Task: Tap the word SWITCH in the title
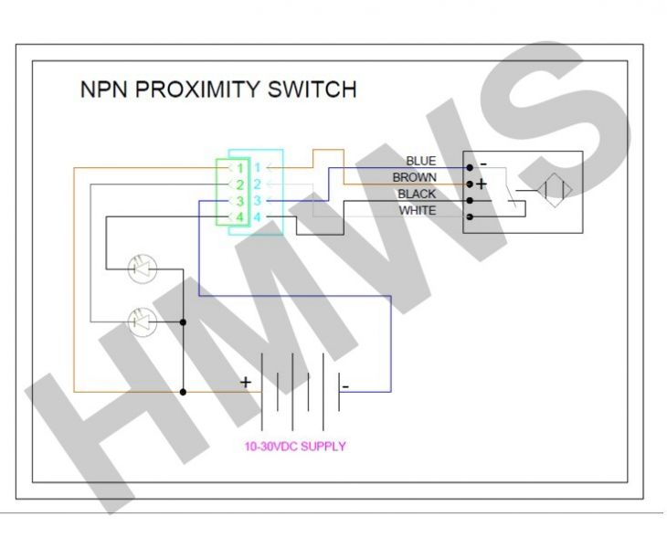(x=312, y=90)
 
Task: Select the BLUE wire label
(x=421, y=161)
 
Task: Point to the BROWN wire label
(x=414, y=177)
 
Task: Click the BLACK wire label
(x=417, y=194)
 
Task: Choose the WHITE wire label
(x=418, y=210)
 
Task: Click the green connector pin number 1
(x=240, y=168)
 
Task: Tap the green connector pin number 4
(x=240, y=217)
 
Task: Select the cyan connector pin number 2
(x=257, y=184)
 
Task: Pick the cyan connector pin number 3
(x=257, y=200)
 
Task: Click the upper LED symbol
(x=143, y=269)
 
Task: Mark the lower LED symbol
(x=143, y=321)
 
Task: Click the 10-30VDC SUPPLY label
(x=295, y=447)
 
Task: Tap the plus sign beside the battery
(x=246, y=382)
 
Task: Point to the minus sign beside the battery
(x=345, y=386)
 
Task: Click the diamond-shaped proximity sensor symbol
(x=555, y=191)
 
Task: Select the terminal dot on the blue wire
(x=470, y=167)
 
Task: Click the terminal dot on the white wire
(x=470, y=216)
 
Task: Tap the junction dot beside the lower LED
(x=183, y=322)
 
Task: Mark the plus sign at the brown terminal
(x=482, y=184)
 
